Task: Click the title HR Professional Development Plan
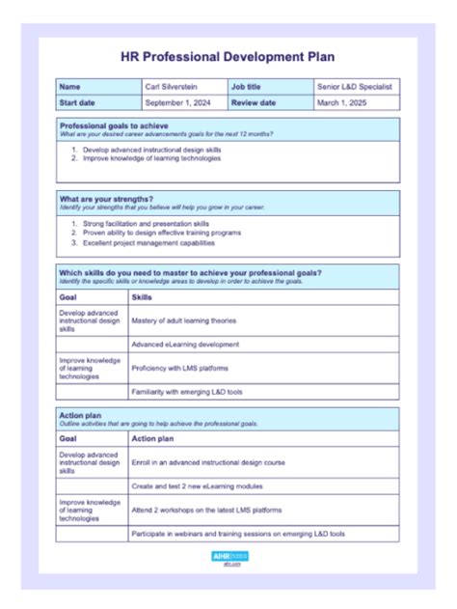pyautogui.click(x=228, y=57)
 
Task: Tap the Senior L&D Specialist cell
pyautogui.click(x=354, y=87)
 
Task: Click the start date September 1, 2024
pyautogui.click(x=176, y=102)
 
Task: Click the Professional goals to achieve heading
pyautogui.click(x=114, y=125)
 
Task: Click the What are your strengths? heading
pyautogui.click(x=106, y=199)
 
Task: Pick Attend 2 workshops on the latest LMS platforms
pyautogui.click(x=206, y=510)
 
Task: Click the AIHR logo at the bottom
pyautogui.click(x=228, y=557)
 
